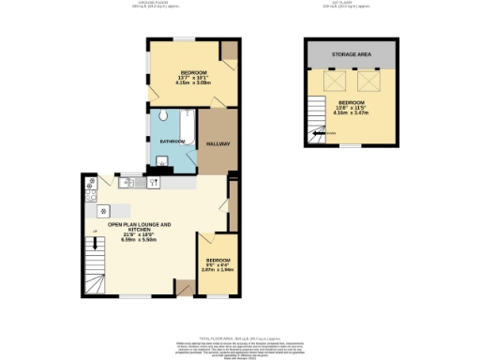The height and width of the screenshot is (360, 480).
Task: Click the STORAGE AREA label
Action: point(352,55)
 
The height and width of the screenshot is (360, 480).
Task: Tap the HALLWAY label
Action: point(218,143)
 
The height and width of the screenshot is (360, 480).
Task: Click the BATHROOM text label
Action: point(171,142)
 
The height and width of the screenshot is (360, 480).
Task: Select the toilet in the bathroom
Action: point(162,116)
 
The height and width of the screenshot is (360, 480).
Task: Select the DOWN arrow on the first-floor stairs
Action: point(329,133)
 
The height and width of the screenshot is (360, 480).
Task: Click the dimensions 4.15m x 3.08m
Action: point(196,82)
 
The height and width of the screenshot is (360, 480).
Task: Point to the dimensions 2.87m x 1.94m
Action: point(218,268)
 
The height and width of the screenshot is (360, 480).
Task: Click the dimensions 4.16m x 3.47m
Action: point(352,112)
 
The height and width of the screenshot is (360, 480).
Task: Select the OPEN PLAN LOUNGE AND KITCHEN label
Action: point(140,227)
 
